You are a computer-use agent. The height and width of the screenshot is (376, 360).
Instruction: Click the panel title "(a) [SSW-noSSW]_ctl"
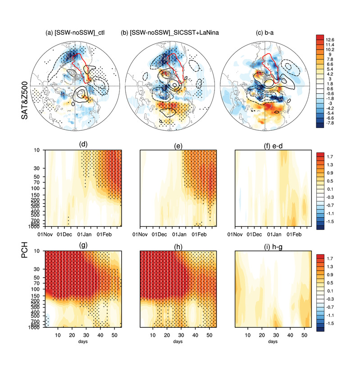point(75,32)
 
